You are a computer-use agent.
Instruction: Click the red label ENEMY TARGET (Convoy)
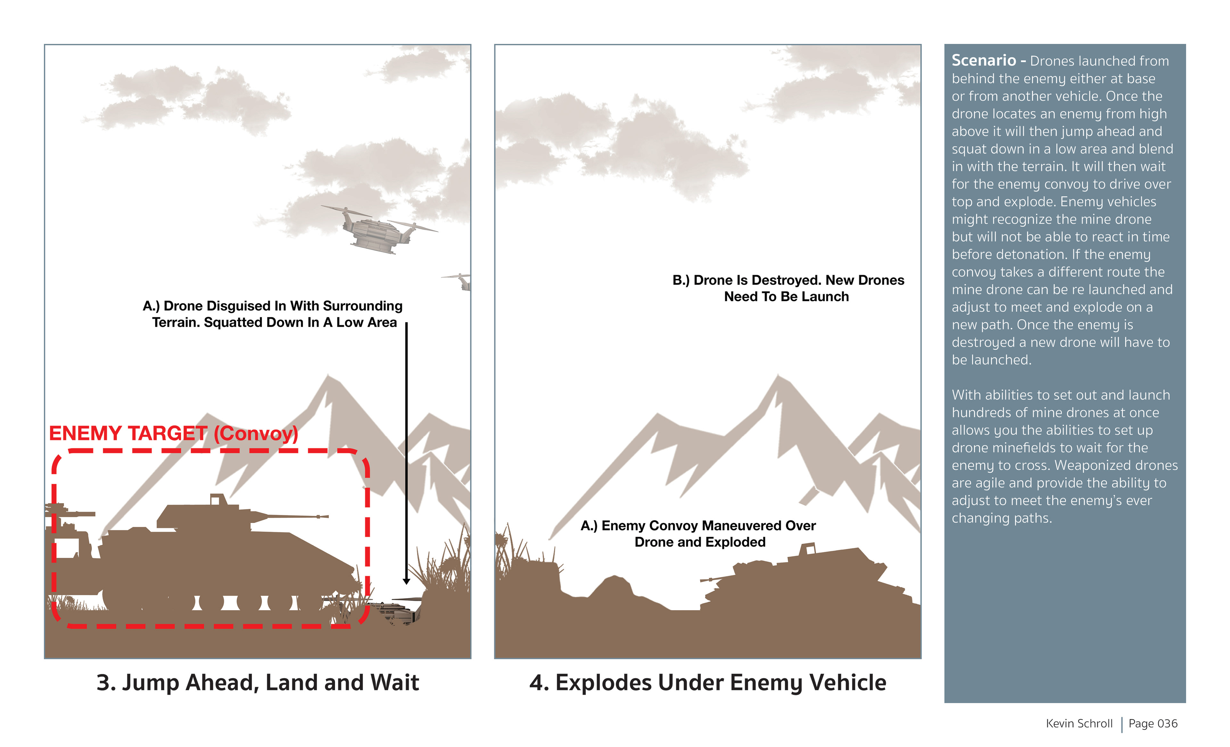[x=173, y=433]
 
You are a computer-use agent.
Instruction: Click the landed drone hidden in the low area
[x=397, y=612]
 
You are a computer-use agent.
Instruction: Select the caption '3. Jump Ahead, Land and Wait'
[x=258, y=683]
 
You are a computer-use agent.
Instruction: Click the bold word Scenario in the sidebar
[x=983, y=61]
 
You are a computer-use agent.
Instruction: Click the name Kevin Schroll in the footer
[x=1079, y=724]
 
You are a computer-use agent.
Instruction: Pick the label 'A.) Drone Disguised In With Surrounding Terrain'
[x=273, y=314]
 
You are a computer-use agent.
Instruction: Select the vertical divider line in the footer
[x=1122, y=725]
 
